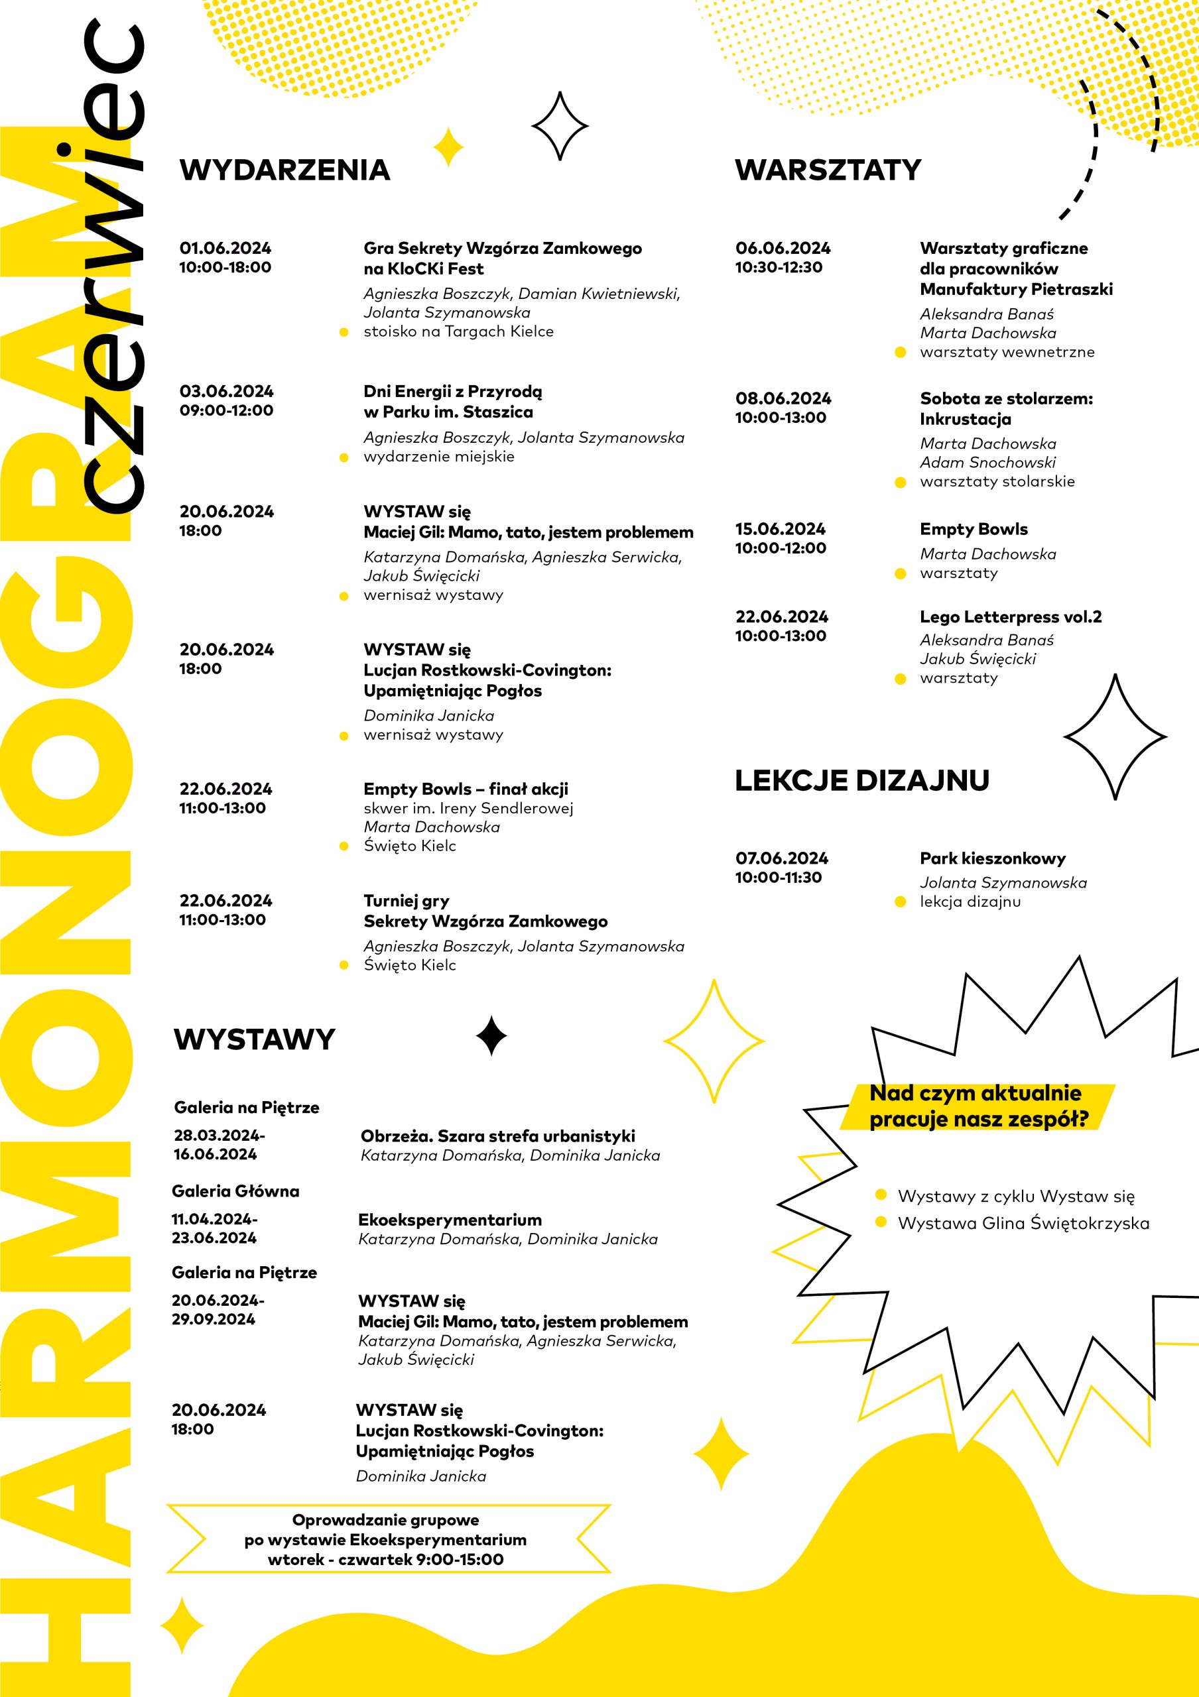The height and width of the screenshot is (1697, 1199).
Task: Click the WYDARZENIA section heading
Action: pos(284,170)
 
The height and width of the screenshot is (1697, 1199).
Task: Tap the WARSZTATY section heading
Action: pos(828,170)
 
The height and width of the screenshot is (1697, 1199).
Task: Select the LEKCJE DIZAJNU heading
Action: pos(862,780)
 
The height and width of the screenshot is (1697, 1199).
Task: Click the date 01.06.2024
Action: pos(225,249)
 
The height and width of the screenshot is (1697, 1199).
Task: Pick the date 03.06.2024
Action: pos(226,392)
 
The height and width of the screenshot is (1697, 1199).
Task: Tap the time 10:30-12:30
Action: pos(779,268)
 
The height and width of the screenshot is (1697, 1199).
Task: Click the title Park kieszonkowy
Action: pos(993,859)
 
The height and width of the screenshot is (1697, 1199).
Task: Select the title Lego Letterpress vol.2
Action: pos(1011,617)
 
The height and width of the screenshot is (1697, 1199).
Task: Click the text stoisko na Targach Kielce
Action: pos(458,332)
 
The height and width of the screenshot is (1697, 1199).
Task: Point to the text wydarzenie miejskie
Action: pos(438,457)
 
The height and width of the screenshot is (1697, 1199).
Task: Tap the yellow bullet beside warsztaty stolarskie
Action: pos(901,483)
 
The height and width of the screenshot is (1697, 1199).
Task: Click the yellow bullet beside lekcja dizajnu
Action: pos(901,902)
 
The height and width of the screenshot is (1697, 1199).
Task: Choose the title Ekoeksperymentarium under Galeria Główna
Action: pos(450,1220)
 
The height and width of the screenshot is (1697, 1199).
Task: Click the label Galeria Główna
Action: pos(235,1191)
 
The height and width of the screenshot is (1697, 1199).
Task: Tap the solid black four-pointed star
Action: pos(491,1035)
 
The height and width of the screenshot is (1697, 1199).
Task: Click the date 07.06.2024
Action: pos(781,859)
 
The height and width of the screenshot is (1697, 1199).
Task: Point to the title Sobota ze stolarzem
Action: pos(1006,399)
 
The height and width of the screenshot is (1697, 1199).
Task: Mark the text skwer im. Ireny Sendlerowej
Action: pos(468,809)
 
